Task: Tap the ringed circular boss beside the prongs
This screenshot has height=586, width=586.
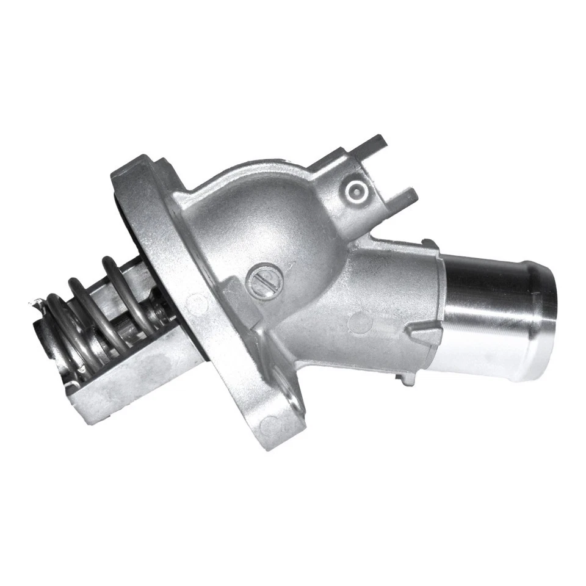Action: pyautogui.click(x=355, y=190)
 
